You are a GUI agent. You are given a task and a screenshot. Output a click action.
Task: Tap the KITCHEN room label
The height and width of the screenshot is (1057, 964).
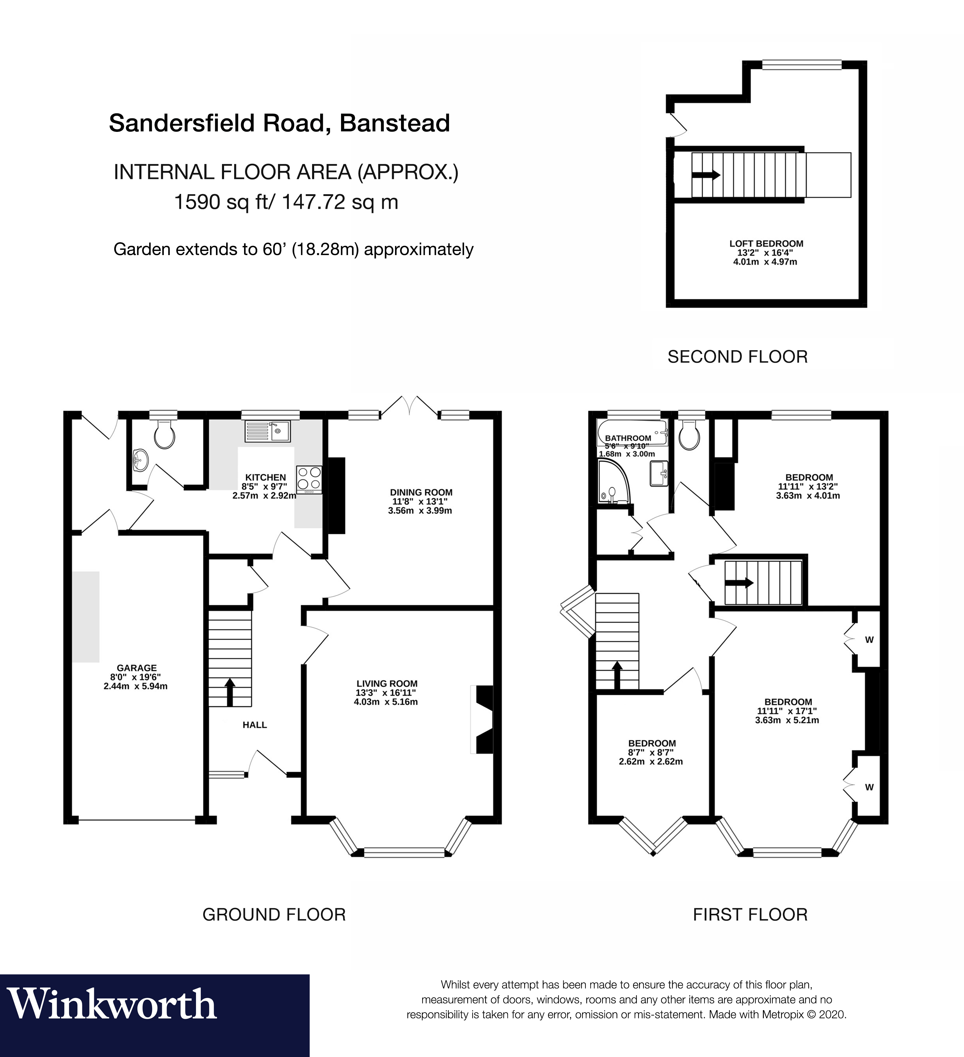(265, 477)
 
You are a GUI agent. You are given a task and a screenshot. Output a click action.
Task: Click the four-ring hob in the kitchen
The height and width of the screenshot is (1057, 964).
(309, 479)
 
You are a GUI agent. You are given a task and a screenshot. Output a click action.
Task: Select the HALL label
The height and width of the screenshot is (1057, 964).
(255, 725)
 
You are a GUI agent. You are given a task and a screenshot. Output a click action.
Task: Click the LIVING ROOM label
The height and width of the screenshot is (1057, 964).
(387, 683)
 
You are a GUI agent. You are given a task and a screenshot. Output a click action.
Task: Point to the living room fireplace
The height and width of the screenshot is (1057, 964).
(482, 719)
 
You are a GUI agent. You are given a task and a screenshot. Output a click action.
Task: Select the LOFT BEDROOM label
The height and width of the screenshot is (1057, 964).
(766, 243)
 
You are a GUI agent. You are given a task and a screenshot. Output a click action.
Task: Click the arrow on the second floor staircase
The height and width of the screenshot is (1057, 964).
(705, 175)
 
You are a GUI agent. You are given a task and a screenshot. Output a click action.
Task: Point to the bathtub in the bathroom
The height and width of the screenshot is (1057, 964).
(632, 431)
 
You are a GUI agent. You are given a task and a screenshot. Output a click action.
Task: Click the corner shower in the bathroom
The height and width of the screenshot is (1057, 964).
(612, 481)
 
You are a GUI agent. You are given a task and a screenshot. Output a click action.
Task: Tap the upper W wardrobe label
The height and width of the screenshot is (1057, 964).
(869, 640)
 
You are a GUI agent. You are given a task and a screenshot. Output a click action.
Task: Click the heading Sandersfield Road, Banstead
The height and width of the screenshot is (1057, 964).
(279, 123)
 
